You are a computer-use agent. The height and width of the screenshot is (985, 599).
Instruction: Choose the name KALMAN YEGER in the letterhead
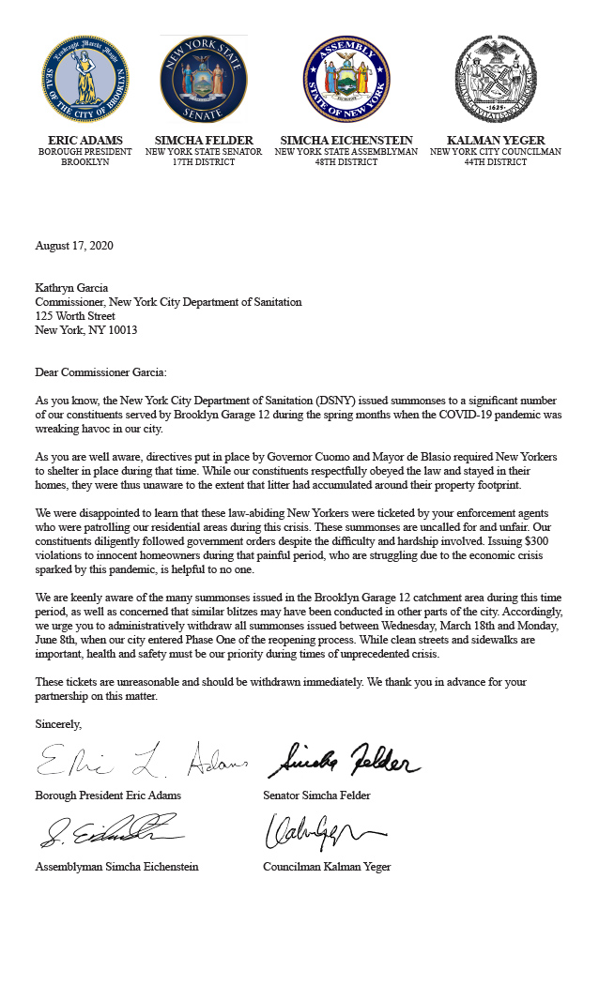pyautogui.click(x=496, y=141)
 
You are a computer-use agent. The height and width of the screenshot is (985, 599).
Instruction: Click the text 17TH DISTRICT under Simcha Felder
pyautogui.click(x=204, y=162)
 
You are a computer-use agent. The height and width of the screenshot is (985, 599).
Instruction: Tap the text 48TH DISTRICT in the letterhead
pyautogui.click(x=346, y=162)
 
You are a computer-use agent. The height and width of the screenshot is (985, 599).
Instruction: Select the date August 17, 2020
pyautogui.click(x=74, y=246)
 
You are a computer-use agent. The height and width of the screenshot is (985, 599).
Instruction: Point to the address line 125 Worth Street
pyautogui.click(x=75, y=316)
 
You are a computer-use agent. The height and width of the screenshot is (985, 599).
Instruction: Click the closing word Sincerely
pyautogui.click(x=58, y=724)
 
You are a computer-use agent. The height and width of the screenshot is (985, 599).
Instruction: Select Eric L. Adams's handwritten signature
pyautogui.click(x=141, y=760)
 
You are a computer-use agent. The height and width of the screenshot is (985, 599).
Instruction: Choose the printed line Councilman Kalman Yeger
pyautogui.click(x=327, y=867)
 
